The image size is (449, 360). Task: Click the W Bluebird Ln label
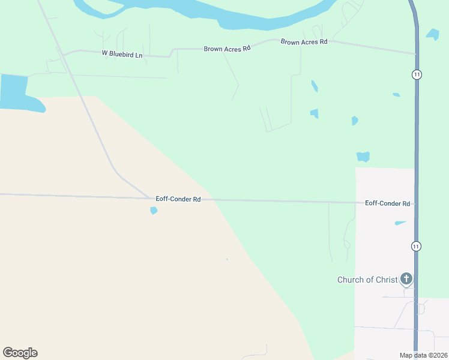[122, 55]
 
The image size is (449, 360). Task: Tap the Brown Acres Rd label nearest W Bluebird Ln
[226, 49]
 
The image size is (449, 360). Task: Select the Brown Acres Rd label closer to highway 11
[304, 42]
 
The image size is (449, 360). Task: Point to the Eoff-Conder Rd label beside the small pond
[178, 199]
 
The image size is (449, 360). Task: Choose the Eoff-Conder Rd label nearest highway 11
[387, 203]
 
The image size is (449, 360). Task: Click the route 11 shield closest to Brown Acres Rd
[417, 74]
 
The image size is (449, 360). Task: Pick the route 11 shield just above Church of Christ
[416, 246]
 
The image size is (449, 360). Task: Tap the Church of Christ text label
[367, 280]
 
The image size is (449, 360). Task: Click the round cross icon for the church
[406, 279]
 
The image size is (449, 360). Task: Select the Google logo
[20, 353]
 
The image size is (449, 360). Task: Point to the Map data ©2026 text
[423, 355]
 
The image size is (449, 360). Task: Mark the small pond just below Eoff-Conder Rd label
[154, 211]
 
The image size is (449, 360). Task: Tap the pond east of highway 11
[432, 34]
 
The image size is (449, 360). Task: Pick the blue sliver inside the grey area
[400, 223]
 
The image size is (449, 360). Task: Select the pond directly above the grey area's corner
[363, 157]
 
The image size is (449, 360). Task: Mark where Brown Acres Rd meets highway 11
[415, 54]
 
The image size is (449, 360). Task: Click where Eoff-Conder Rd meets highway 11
[415, 204]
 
